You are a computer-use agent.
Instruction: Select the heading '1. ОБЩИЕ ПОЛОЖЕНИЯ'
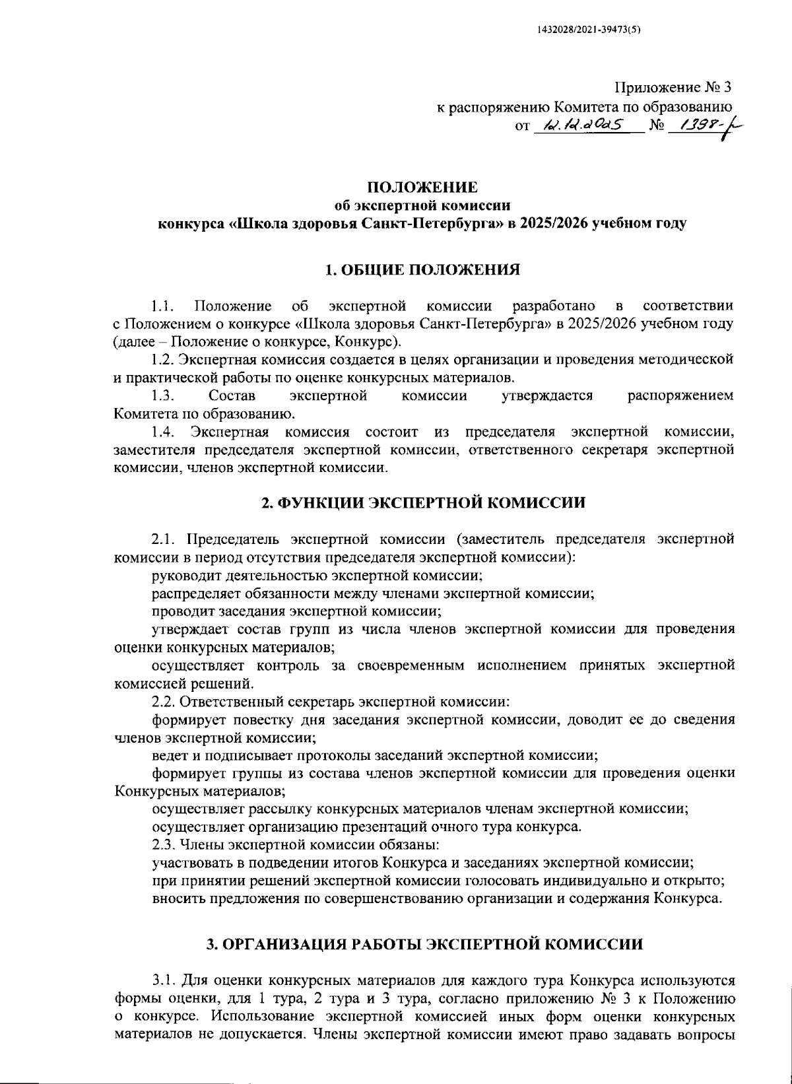coord(422,269)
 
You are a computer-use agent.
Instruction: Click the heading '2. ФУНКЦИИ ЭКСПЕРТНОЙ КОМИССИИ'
coord(422,502)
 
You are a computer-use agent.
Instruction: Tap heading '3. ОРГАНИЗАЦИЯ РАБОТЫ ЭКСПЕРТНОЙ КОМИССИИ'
coord(422,944)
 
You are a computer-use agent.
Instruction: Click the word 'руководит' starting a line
coord(182,575)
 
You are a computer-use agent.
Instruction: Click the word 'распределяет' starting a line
coord(191,593)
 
